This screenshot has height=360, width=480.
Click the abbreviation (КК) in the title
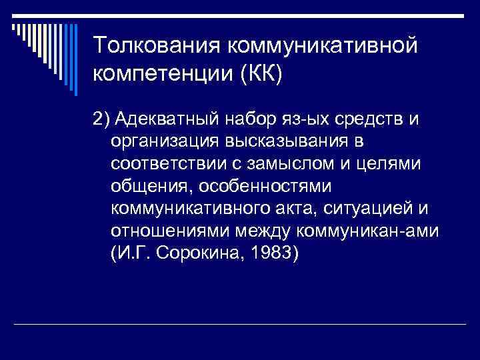click(x=261, y=74)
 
